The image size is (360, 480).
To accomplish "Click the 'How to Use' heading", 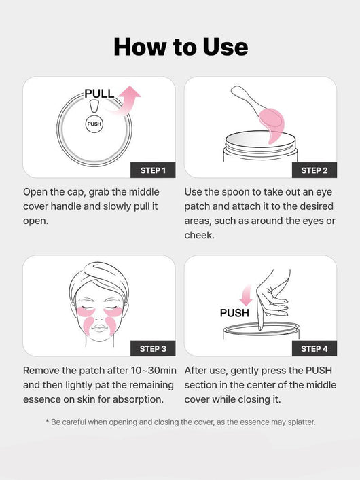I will (x=180, y=46).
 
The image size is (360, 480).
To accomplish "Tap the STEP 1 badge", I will (x=153, y=170).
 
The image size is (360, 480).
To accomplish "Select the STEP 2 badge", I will (x=314, y=170).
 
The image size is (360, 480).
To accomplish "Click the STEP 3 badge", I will (x=153, y=348).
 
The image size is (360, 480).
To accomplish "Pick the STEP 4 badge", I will (x=314, y=348).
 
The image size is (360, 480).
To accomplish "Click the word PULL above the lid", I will (x=99, y=94).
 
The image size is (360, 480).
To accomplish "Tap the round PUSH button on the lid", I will (x=94, y=124).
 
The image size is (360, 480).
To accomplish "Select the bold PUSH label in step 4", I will (x=234, y=313).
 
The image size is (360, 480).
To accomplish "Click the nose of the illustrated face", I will (x=99, y=314).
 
